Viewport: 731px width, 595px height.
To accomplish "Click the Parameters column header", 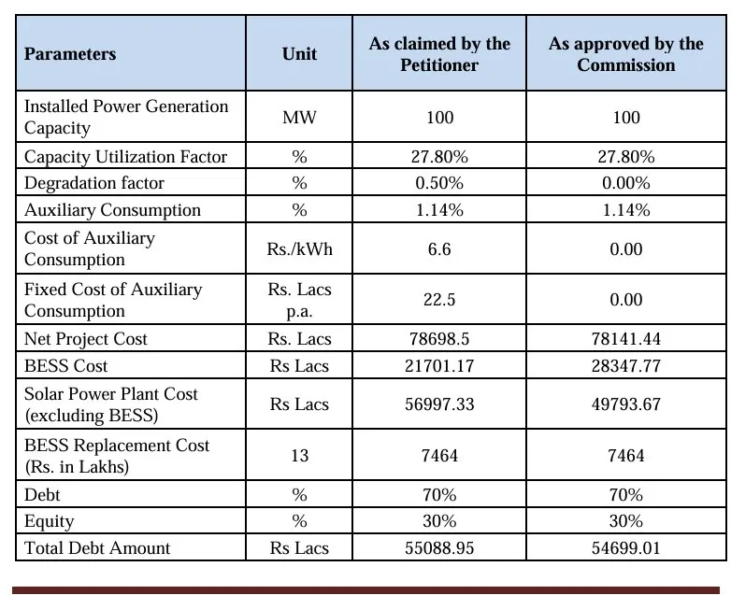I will pyautogui.click(x=70, y=54).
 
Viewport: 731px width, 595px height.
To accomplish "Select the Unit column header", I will pyautogui.click(x=299, y=54).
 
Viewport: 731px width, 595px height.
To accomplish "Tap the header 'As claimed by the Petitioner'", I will pyautogui.click(x=439, y=54).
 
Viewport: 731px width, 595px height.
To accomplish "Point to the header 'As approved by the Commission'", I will pyautogui.click(x=626, y=54).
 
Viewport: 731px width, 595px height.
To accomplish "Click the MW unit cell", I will pyautogui.click(x=299, y=118).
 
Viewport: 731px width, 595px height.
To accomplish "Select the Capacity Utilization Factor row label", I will pyautogui.click(x=125, y=156).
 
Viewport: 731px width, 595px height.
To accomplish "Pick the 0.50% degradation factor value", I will pyautogui.click(x=439, y=183).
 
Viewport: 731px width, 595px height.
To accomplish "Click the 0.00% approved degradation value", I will pyautogui.click(x=626, y=183).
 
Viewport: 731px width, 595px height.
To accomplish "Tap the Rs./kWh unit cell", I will pyautogui.click(x=299, y=249).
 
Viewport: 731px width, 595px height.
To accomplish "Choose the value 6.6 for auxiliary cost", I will pyautogui.click(x=439, y=249).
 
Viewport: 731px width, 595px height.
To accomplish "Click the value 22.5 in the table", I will pyautogui.click(x=439, y=300).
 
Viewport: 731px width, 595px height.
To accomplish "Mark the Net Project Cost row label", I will pyautogui.click(x=86, y=339).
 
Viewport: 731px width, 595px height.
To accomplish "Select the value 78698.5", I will pyautogui.click(x=439, y=339).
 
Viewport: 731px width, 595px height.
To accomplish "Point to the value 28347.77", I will pyautogui.click(x=626, y=366).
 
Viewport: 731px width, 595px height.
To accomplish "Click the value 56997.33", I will pyautogui.click(x=439, y=404).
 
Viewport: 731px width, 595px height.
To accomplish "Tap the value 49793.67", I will pyautogui.click(x=626, y=404).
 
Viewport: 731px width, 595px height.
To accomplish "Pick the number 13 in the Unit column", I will pyautogui.click(x=299, y=456).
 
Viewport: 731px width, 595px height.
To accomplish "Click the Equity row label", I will pyautogui.click(x=50, y=521).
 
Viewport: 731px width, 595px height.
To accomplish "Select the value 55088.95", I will pyautogui.click(x=439, y=548).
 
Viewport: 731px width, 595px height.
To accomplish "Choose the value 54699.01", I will pyautogui.click(x=626, y=548).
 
